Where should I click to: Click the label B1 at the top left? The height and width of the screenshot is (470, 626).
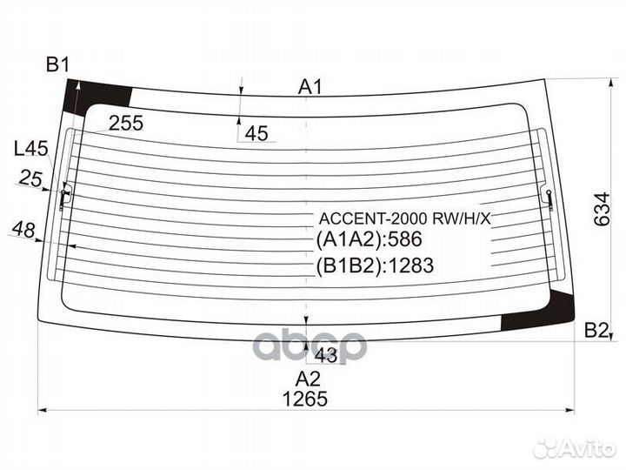pyautogui.click(x=58, y=64)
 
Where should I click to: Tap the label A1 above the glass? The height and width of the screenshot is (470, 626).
pyautogui.click(x=310, y=86)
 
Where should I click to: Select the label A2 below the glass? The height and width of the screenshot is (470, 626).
pyautogui.click(x=307, y=379)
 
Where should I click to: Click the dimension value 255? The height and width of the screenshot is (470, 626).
pyautogui.click(x=126, y=124)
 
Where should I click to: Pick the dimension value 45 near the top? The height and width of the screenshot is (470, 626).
pyautogui.click(x=256, y=133)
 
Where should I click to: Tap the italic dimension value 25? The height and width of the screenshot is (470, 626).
pyautogui.click(x=30, y=179)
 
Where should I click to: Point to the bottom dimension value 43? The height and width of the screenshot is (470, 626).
pyautogui.click(x=325, y=355)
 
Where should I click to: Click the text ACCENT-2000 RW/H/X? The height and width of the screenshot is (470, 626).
pyautogui.click(x=405, y=219)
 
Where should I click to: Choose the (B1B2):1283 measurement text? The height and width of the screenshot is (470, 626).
pyautogui.click(x=375, y=265)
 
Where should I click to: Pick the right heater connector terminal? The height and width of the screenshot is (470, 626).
pyautogui.click(x=550, y=198)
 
